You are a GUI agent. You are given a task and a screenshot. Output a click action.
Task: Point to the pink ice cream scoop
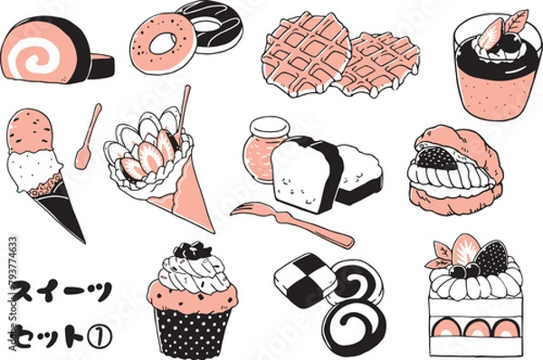tap(30, 131)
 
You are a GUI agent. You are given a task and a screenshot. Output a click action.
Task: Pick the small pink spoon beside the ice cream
tap(88, 137)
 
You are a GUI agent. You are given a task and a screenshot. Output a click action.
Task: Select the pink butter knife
tap(292, 224)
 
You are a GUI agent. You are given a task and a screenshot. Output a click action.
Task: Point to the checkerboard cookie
tap(305, 280)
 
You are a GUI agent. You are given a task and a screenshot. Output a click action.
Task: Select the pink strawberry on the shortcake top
tap(466, 250)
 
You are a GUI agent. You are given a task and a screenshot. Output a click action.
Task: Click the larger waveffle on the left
tap(307, 55)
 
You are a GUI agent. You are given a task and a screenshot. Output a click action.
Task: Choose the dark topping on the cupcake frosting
tap(192, 250)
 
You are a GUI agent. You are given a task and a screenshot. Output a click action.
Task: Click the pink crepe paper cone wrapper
tap(190, 194)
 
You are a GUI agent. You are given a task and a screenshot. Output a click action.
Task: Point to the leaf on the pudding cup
tap(516, 22)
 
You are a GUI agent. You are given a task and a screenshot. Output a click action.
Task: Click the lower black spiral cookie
tap(354, 325)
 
